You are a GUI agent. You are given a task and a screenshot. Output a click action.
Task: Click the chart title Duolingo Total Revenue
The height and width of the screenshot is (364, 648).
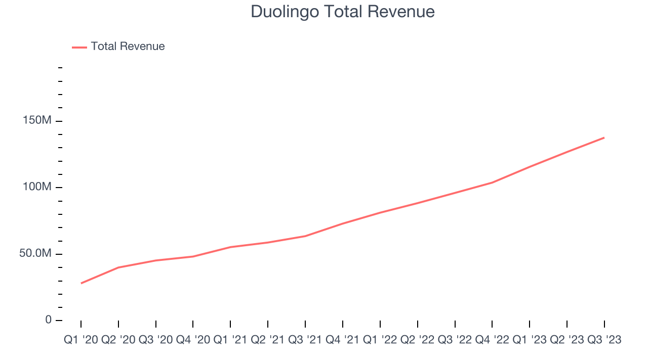pos(343,12)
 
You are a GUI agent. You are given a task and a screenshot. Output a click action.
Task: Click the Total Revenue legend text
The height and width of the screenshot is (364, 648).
pos(128,47)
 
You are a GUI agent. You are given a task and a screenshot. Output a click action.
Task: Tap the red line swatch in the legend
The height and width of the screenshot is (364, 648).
pos(79,47)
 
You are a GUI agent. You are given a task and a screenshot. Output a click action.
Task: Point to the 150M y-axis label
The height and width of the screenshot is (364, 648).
pos(36,121)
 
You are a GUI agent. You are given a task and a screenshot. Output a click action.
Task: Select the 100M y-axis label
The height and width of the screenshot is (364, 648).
pos(36,187)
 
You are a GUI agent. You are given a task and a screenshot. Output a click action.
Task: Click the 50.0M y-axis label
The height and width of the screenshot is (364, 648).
pos(35,253)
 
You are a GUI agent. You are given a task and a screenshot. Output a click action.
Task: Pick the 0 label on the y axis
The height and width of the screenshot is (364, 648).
pos(49,320)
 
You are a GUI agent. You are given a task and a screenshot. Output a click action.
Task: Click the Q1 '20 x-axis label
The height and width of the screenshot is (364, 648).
pos(81,340)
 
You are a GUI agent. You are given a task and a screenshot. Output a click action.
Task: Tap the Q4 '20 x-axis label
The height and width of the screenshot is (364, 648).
pos(193,340)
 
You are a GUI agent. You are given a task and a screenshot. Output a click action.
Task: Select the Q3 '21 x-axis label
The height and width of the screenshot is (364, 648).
pos(306,340)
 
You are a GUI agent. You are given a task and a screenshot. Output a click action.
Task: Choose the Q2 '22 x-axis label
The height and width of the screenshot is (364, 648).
pos(418,340)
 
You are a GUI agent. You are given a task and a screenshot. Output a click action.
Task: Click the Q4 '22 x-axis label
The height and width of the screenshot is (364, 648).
pos(493,340)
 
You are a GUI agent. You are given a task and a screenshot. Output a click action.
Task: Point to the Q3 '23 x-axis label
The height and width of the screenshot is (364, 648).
pos(604,340)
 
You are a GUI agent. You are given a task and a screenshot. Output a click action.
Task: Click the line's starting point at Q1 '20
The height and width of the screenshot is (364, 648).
pos(81,283)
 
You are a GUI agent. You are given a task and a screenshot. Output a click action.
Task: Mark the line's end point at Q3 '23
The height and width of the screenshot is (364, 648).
pos(604,138)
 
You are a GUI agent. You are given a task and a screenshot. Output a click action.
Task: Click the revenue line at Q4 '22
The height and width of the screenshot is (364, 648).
pos(492,183)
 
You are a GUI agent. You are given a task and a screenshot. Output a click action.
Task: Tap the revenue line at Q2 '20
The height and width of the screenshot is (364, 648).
pos(118,267)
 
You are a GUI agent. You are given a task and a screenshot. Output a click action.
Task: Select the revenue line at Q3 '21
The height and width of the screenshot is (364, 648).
pos(305,236)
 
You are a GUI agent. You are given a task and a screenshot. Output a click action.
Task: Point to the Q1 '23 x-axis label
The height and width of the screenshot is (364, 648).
pos(530,340)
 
